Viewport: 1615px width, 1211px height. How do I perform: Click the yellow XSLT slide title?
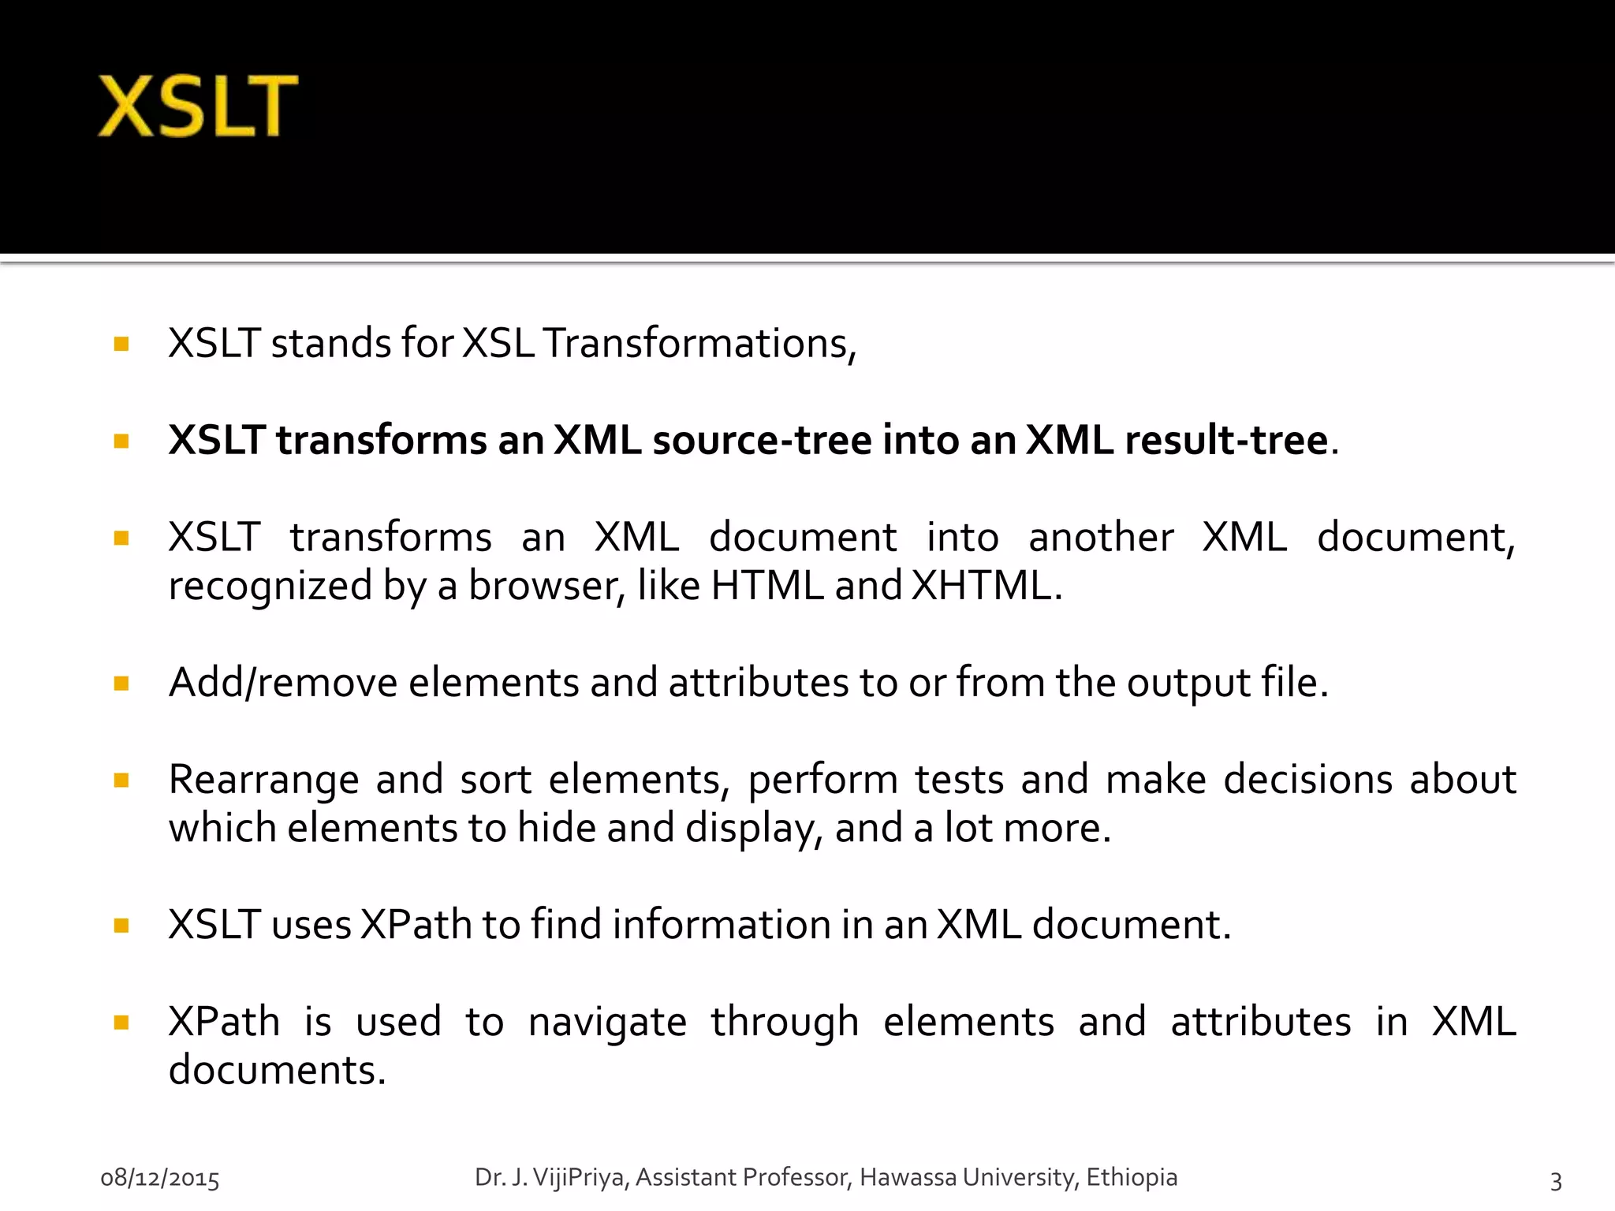(x=197, y=106)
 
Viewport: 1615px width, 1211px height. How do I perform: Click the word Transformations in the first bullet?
(x=699, y=344)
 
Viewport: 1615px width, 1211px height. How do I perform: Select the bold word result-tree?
(x=1226, y=440)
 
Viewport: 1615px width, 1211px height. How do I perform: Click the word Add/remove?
(x=283, y=683)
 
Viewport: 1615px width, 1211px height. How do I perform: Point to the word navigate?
(x=607, y=1023)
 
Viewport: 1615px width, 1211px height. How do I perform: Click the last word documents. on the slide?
(x=277, y=1071)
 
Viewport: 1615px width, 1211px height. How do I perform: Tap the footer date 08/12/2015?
(x=160, y=1179)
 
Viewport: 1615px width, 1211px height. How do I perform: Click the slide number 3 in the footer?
(x=1556, y=1181)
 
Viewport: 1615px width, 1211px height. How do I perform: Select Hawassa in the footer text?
(x=908, y=1177)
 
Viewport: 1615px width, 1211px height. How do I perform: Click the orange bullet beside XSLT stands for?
(x=121, y=344)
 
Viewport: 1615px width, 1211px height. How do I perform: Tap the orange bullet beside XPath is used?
(x=121, y=1023)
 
